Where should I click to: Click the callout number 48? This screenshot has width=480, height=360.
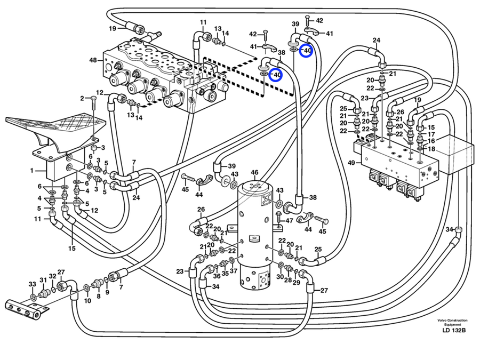(93, 60)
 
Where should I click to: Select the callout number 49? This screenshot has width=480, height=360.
(350, 163)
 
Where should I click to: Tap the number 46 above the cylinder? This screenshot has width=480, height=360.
(254, 173)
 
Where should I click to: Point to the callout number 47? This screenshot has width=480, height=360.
(289, 220)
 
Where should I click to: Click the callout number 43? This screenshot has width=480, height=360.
(279, 190)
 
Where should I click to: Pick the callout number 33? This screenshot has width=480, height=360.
(32, 284)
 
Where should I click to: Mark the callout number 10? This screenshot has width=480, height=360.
(87, 301)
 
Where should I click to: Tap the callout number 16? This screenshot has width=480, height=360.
(431, 142)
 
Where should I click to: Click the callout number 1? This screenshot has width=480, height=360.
(32, 171)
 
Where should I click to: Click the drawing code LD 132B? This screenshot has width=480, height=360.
(453, 331)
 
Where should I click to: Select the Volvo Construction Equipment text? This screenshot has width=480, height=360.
(453, 322)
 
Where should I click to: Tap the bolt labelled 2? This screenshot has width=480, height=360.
(93, 106)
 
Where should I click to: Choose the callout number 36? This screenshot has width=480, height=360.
(217, 276)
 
